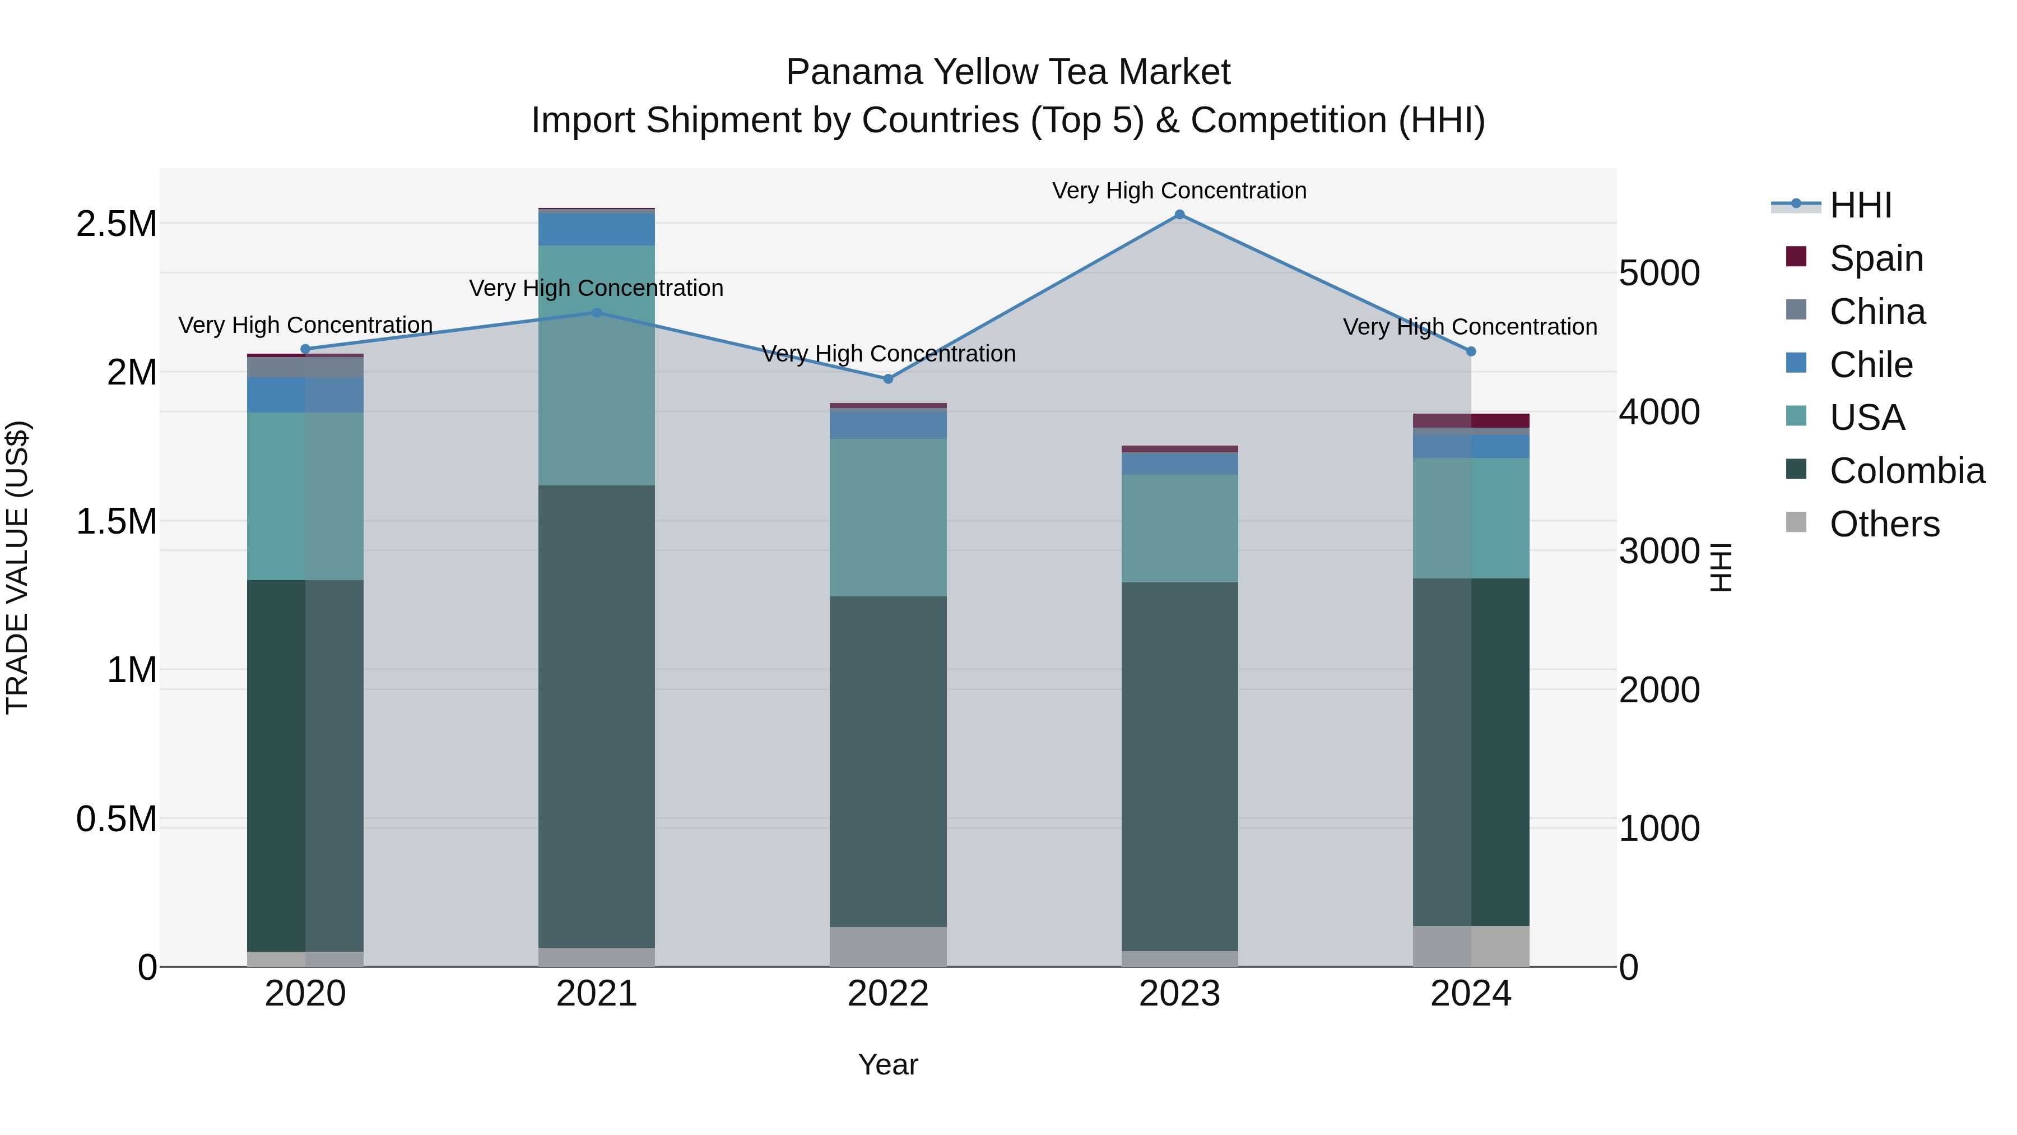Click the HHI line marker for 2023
[x=1179, y=215]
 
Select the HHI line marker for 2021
[x=597, y=313]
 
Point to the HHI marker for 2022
[x=888, y=379]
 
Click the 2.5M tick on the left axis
[x=117, y=224]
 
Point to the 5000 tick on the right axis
[x=1658, y=274]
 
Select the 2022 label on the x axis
[x=888, y=994]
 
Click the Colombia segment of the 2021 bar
[x=597, y=717]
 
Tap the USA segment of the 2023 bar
[x=1179, y=528]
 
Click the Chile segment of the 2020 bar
[x=305, y=395]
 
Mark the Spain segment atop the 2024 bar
[x=1471, y=420]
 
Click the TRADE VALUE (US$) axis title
[x=17, y=567]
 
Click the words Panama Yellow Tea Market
[x=1008, y=72]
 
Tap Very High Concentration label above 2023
[x=1179, y=191]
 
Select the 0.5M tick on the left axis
[x=117, y=819]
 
